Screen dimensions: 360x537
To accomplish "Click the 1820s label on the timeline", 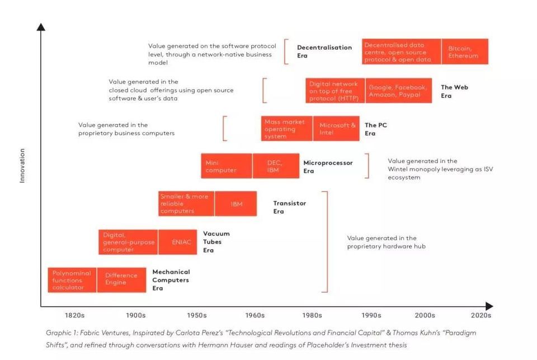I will point(74,315).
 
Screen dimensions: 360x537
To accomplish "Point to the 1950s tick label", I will point(197,315).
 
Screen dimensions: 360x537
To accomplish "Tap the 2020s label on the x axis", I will point(481,315).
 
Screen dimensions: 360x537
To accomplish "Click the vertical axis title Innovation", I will point(22,165).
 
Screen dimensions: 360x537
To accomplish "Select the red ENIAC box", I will point(178,242).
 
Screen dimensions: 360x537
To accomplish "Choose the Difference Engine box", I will point(121,279).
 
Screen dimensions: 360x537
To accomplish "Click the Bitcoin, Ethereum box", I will point(464,52).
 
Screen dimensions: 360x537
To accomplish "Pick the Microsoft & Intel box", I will point(337,129).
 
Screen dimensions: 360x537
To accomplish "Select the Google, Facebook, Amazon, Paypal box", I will point(398,91).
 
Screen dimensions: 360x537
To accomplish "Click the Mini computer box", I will point(226,166).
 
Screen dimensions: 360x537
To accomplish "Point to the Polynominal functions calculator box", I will point(72,280).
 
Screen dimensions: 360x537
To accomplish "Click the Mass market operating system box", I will point(286,129).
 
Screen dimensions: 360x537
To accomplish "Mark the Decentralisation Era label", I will point(324,52).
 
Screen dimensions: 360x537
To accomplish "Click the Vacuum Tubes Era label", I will point(216,242).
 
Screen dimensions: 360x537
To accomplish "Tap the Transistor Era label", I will point(289,207).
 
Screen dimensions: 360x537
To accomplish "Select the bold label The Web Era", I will point(454,91).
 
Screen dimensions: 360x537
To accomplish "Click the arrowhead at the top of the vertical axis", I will point(41,26).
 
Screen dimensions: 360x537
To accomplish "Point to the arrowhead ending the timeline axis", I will point(489,306).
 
